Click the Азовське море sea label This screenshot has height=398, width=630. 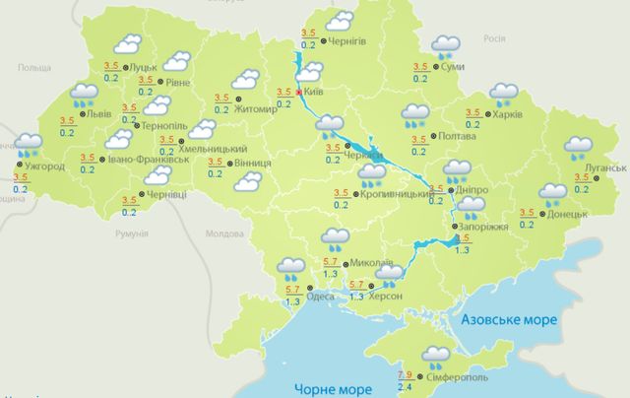[509, 320]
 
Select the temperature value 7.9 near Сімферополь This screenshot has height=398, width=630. [405, 374]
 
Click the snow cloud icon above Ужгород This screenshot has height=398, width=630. [28, 147]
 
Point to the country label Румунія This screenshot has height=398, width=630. [130, 233]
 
